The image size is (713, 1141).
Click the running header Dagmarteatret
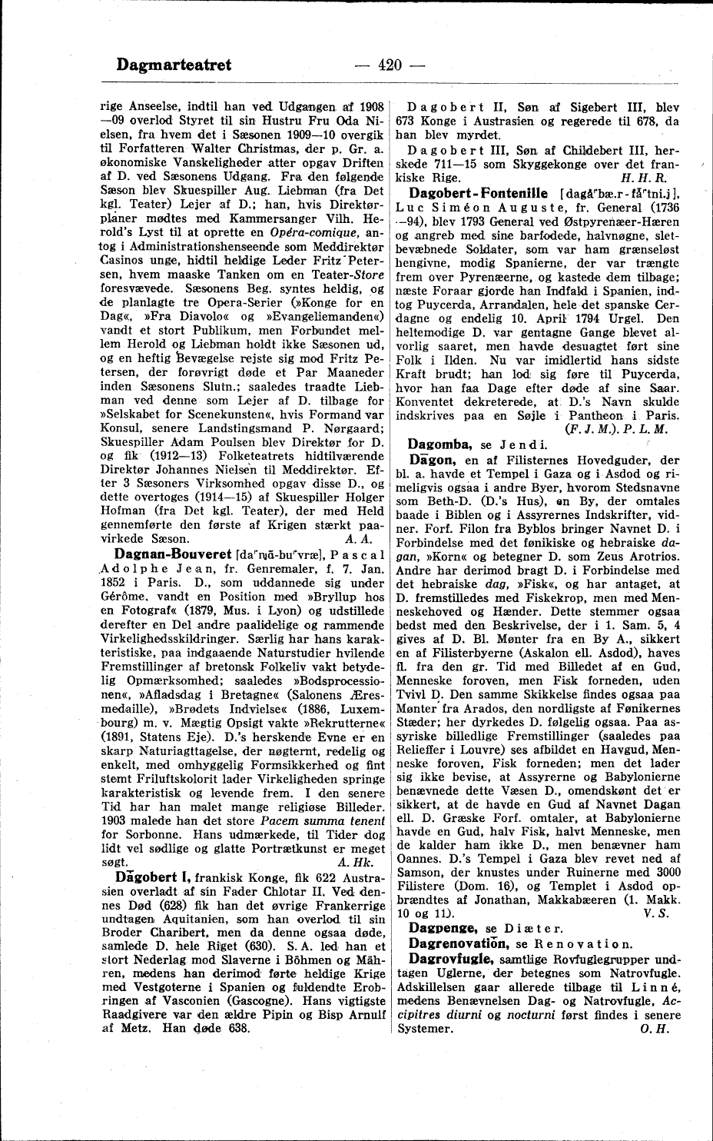(x=174, y=65)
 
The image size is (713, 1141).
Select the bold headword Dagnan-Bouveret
(x=174, y=553)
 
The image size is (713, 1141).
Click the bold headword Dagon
(x=429, y=458)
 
